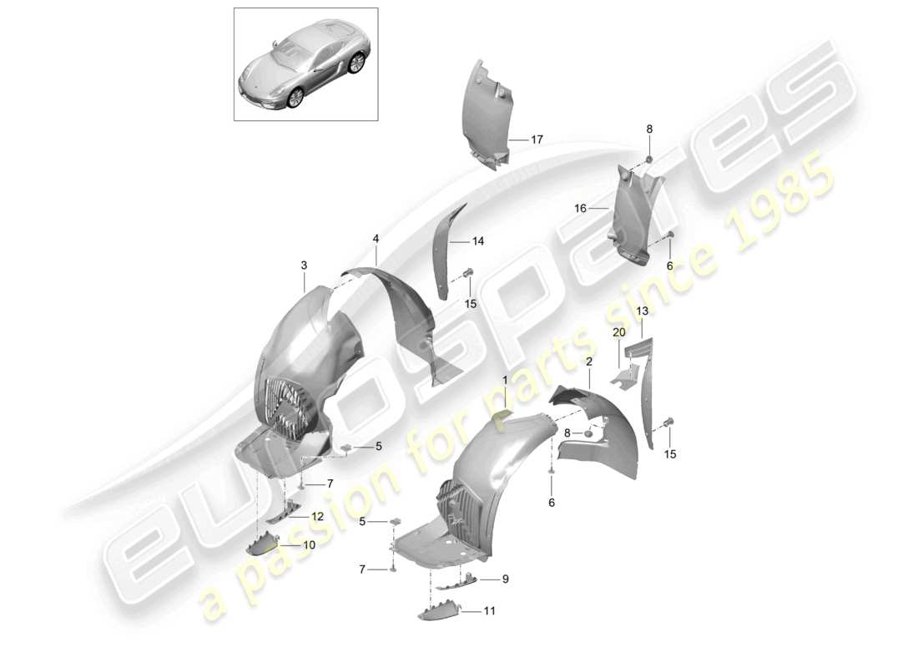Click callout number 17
[537, 140]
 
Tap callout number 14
[477, 241]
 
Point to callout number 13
[642, 311]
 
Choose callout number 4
[376, 239]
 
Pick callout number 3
[304, 266]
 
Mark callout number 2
[588, 362]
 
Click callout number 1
[504, 380]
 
